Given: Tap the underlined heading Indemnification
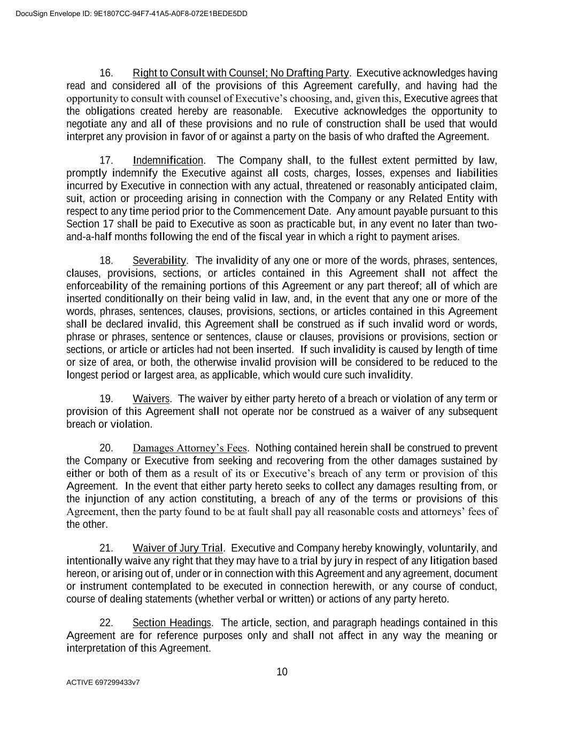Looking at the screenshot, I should (x=168, y=161).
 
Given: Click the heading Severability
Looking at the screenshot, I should (x=159, y=261).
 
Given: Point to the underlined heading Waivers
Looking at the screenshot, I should (x=151, y=399).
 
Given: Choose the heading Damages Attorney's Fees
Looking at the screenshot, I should (x=190, y=448).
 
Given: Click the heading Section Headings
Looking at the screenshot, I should (x=172, y=623).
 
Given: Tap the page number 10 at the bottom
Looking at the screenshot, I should (x=282, y=672).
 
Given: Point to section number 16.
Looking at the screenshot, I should (x=106, y=73).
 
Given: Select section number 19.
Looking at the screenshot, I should (x=106, y=399).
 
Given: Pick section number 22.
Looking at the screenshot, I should (x=106, y=623).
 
